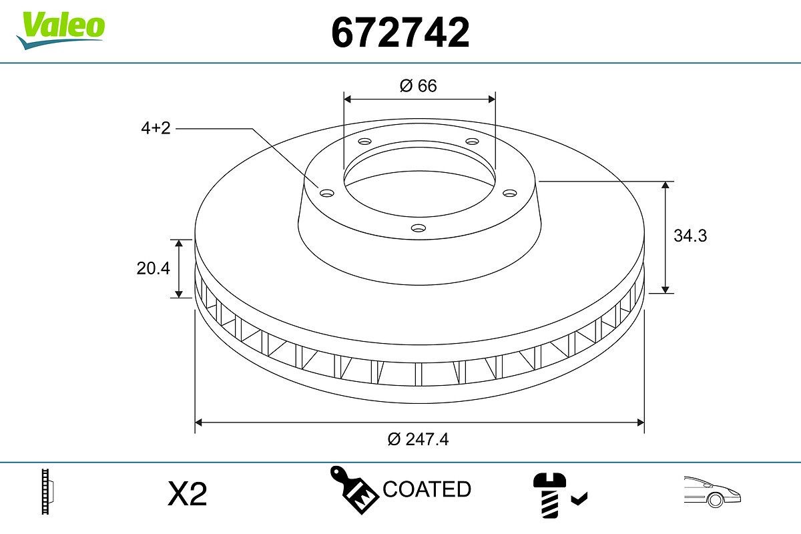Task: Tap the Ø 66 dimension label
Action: [x=419, y=85]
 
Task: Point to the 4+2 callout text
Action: [x=156, y=128]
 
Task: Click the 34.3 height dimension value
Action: [x=690, y=236]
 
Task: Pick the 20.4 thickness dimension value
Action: [x=154, y=268]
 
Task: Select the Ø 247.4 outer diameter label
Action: [x=418, y=439]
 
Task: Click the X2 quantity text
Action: [x=188, y=495]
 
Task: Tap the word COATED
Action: [x=427, y=489]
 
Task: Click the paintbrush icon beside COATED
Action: [x=353, y=489]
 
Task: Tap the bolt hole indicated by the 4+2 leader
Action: [x=326, y=193]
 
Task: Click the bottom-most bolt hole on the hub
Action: [x=419, y=228]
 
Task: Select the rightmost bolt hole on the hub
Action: [x=511, y=193]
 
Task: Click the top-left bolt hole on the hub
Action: [x=364, y=142]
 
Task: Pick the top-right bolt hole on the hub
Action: [x=473, y=142]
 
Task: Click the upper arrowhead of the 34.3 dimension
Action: [x=665, y=185]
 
